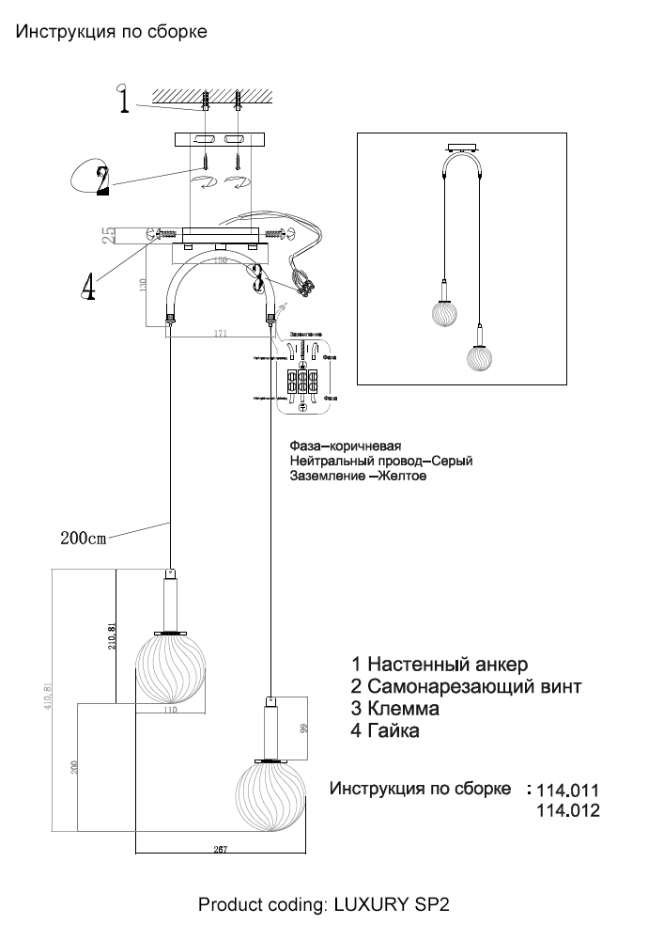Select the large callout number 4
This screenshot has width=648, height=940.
pyautogui.click(x=87, y=285)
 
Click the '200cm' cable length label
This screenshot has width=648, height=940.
pyautogui.click(x=84, y=539)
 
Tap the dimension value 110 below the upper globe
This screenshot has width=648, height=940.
pyautogui.click(x=169, y=710)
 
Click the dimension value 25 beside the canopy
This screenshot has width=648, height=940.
pyautogui.click(x=109, y=233)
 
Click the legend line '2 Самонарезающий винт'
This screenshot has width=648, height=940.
pyautogui.click(x=466, y=686)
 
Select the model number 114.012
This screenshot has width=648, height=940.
pyautogui.click(x=566, y=810)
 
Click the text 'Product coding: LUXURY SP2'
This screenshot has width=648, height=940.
pyautogui.click(x=324, y=905)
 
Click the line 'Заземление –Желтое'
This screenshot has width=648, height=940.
pyautogui.click(x=359, y=477)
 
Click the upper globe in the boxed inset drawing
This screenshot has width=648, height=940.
pyautogui.click(x=444, y=312)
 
